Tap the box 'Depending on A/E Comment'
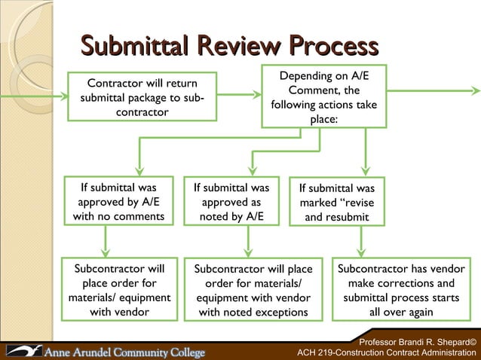[323, 98]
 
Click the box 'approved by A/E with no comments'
[118, 202]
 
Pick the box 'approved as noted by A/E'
[231, 202]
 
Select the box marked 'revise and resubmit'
[336, 203]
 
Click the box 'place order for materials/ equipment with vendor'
[120, 290]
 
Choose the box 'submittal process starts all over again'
[400, 290]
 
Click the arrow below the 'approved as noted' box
[248, 243]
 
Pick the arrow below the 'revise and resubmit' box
[361, 243]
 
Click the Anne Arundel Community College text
[127, 352]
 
